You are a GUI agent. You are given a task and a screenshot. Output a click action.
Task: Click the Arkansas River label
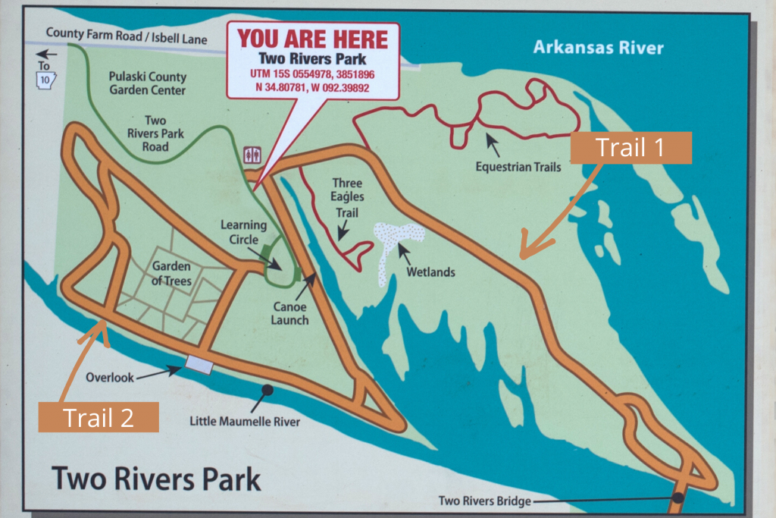pos(598,48)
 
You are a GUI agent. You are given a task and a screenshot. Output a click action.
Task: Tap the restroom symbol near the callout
pos(252,155)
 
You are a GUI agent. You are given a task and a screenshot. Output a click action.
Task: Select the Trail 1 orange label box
pos(630,148)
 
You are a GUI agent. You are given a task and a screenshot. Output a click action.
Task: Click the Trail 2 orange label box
pos(99,417)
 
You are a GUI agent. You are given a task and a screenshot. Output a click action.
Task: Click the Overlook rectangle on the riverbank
pos(199,365)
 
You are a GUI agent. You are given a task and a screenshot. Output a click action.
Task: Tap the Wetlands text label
pos(430,272)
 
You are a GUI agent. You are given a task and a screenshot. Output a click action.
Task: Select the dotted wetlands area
pos(396,241)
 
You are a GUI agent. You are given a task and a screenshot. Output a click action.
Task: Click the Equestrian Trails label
pos(518,167)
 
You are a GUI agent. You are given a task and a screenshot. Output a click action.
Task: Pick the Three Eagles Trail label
pos(346,198)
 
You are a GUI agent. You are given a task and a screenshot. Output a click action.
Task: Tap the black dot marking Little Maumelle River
pos(268,390)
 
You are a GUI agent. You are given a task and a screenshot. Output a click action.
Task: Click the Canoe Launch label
pos(289,313)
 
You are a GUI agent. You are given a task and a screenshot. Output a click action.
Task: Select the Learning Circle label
pos(243,232)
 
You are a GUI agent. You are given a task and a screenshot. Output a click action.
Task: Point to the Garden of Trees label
pos(171,273)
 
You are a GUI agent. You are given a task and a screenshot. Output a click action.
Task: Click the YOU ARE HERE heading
pos(313,39)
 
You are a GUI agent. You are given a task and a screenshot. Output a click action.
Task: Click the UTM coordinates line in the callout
pos(312,74)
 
